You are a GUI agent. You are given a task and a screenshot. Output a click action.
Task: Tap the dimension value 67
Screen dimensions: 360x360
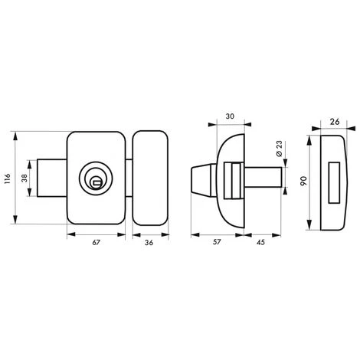[95, 242]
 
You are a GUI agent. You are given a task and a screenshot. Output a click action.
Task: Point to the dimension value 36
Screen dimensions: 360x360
[149, 242]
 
